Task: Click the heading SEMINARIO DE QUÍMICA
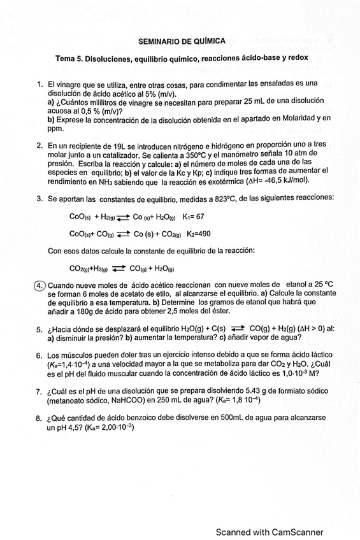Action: (x=182, y=41)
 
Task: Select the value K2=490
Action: (x=198, y=234)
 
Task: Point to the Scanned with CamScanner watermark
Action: (x=270, y=532)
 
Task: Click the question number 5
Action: (x=40, y=329)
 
